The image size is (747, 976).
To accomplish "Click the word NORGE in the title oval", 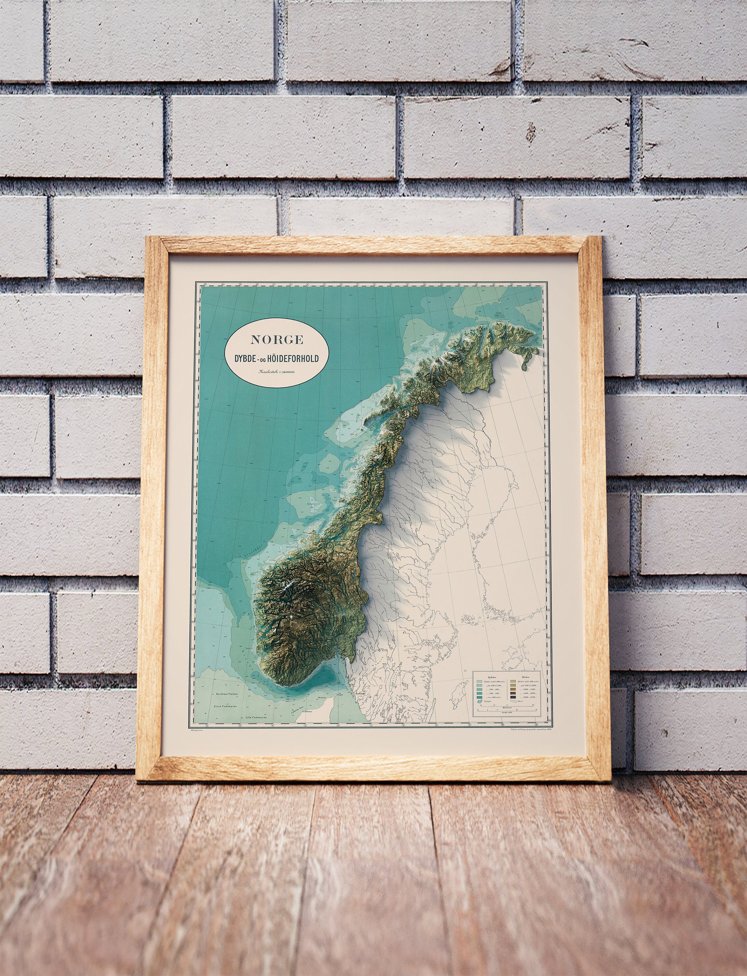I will click(276, 340).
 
